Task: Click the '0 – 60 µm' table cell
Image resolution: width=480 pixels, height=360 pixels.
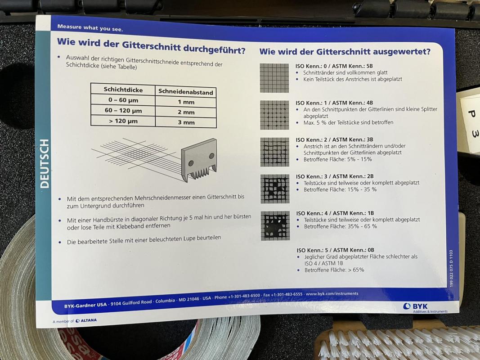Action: click(x=123, y=100)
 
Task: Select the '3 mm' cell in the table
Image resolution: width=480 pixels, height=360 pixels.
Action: click(x=186, y=122)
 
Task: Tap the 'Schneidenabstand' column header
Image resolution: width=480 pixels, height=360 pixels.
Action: click(x=186, y=92)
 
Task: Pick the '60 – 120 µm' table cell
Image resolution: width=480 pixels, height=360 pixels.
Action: click(x=123, y=111)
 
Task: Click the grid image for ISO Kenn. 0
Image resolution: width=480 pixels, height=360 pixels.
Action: click(x=274, y=78)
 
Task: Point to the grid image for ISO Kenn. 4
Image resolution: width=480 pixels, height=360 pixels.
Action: click(x=275, y=226)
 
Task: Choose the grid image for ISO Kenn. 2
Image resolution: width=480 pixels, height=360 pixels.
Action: click(x=274, y=152)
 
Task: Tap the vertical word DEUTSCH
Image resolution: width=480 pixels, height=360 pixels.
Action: click(x=45, y=164)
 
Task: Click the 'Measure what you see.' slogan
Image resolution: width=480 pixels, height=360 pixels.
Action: click(x=90, y=28)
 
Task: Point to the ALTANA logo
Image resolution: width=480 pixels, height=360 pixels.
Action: click(x=86, y=320)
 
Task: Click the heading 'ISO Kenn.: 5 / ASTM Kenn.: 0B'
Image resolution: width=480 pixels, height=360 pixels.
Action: click(x=335, y=250)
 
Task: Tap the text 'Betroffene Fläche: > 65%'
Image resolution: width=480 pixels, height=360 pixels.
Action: click(x=334, y=270)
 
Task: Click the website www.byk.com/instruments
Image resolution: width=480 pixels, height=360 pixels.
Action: click(x=332, y=294)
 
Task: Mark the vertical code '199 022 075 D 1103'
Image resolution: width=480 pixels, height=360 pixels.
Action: click(x=451, y=269)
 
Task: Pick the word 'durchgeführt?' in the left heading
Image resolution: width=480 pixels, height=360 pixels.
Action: click(x=214, y=49)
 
